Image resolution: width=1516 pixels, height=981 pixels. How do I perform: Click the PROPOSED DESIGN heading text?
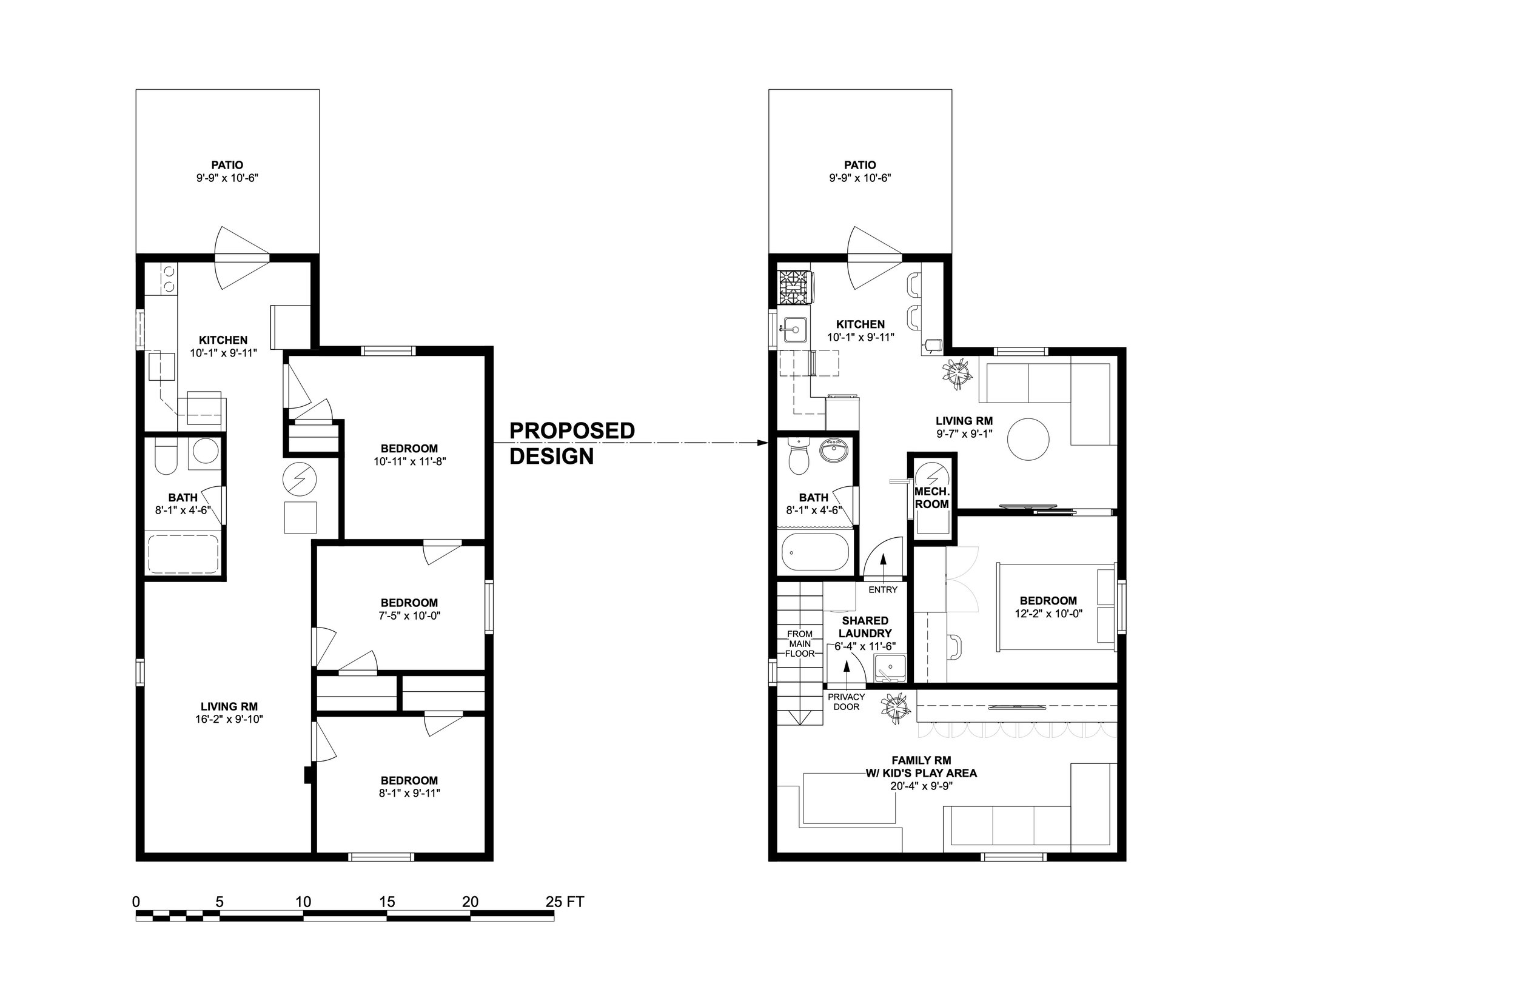[x=571, y=443]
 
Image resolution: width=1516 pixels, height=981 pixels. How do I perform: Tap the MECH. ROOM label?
[x=931, y=498]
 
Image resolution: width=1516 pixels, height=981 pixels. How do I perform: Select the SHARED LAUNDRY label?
[x=864, y=627]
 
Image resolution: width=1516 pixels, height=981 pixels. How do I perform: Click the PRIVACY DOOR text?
[x=846, y=702]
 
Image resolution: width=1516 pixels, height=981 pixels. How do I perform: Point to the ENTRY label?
[x=883, y=590]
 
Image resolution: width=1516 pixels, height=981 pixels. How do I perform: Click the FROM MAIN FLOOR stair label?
[x=799, y=643]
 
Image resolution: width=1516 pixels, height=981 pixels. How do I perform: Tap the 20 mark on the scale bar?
[x=470, y=902]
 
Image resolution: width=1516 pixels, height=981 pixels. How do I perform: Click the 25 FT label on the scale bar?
[x=565, y=902]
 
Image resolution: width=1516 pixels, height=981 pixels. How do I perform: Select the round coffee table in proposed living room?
[x=1028, y=439]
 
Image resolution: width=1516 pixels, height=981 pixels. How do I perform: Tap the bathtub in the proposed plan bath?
[x=816, y=552]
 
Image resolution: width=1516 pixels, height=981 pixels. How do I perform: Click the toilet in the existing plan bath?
[x=166, y=458]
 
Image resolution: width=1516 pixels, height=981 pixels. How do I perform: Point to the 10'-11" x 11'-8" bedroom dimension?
[x=409, y=462]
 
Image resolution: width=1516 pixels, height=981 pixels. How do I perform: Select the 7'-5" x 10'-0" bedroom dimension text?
[x=409, y=616]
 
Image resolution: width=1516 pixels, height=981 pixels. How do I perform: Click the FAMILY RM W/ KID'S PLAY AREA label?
[x=921, y=767]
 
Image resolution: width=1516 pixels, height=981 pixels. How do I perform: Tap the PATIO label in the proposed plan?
[x=860, y=166]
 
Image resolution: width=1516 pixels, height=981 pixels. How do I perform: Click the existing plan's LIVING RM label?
[x=229, y=706]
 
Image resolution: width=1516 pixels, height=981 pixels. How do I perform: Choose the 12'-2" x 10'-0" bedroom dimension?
[x=1048, y=614]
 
